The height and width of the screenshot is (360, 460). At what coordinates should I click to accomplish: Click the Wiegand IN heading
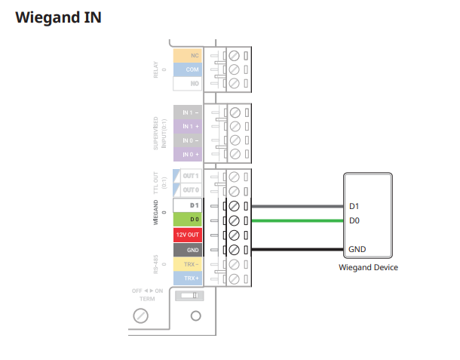[x=58, y=17]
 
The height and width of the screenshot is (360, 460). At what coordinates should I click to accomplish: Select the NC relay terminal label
[x=187, y=55]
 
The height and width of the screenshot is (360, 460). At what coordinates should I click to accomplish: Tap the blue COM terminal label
[x=187, y=69]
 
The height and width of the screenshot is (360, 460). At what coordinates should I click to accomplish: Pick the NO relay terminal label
[x=187, y=84]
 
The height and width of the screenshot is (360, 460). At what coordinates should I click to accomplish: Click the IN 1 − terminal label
[x=187, y=112]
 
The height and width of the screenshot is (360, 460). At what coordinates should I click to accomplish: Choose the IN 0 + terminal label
[x=187, y=155]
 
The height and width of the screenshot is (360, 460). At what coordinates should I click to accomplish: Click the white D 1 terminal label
[x=187, y=205]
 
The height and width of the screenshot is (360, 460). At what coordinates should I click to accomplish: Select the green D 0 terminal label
[x=187, y=220]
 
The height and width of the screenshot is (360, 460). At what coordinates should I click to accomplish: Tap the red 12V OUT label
[x=187, y=235]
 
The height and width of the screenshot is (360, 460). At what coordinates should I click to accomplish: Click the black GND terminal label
[x=187, y=249]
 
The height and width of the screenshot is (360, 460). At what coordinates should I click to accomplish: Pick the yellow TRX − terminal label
[x=187, y=264]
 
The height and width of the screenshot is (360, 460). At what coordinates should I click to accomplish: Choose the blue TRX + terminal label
[x=187, y=278]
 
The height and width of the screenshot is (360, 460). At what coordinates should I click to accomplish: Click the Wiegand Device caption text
[x=368, y=267]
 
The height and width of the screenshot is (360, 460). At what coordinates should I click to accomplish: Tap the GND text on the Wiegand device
[x=357, y=249]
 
